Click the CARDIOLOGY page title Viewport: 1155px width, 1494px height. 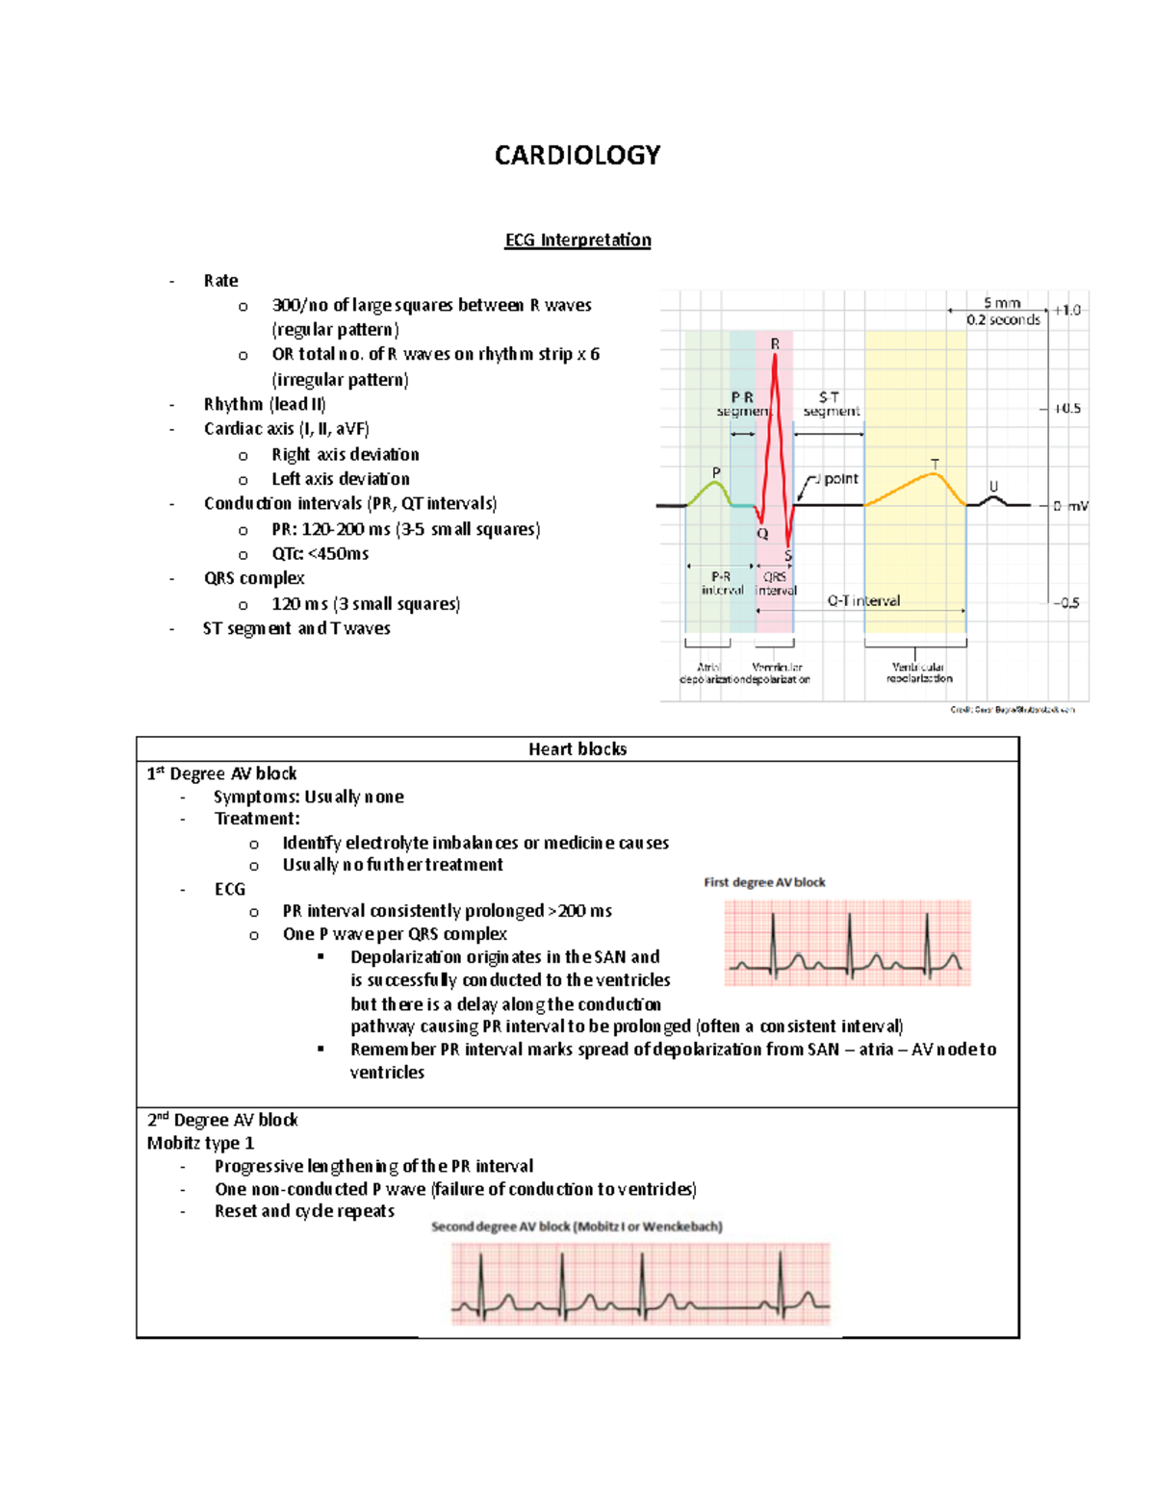[x=577, y=156]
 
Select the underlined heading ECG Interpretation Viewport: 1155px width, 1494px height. [x=577, y=240]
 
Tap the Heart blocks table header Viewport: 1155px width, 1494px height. [x=577, y=748]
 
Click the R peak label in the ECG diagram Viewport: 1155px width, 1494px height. [x=775, y=343]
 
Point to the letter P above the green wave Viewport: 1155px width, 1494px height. [x=716, y=472]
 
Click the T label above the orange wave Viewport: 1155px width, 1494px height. [x=935, y=465]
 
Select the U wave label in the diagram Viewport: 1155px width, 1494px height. [x=993, y=487]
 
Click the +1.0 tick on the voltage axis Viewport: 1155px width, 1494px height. [x=1066, y=310]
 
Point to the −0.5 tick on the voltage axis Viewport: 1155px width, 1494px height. [x=1066, y=603]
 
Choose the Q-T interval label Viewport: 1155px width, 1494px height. [x=863, y=600]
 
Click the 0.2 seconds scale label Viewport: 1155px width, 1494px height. [x=1003, y=319]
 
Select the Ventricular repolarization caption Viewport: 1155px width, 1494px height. [x=918, y=672]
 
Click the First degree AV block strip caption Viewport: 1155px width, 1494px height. [x=764, y=882]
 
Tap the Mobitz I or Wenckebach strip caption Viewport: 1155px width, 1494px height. [x=577, y=1227]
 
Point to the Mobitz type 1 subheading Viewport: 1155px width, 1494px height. [x=200, y=1143]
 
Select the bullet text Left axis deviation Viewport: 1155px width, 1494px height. [x=340, y=478]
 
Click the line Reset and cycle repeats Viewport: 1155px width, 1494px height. [x=304, y=1211]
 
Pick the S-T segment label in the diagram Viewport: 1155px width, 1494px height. [x=831, y=404]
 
